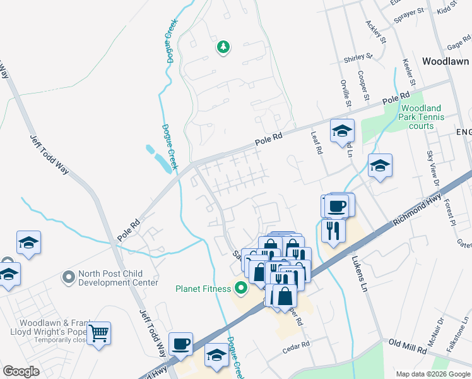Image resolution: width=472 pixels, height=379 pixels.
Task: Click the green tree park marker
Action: (223, 47)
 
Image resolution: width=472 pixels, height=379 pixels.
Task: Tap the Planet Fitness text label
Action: (203, 289)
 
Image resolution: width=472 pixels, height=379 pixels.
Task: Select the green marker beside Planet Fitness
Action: (240, 290)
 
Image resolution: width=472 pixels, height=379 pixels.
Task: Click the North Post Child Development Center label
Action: (117, 279)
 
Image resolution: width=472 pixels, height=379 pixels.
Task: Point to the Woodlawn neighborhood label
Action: (445, 62)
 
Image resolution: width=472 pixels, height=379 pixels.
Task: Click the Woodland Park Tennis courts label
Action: (422, 117)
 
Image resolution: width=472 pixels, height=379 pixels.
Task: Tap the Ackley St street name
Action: (375, 32)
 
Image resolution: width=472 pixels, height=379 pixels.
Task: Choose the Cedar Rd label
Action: (297, 345)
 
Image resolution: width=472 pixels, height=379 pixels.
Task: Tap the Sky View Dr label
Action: (432, 167)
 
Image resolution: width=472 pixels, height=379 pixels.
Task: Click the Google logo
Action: (21, 371)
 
